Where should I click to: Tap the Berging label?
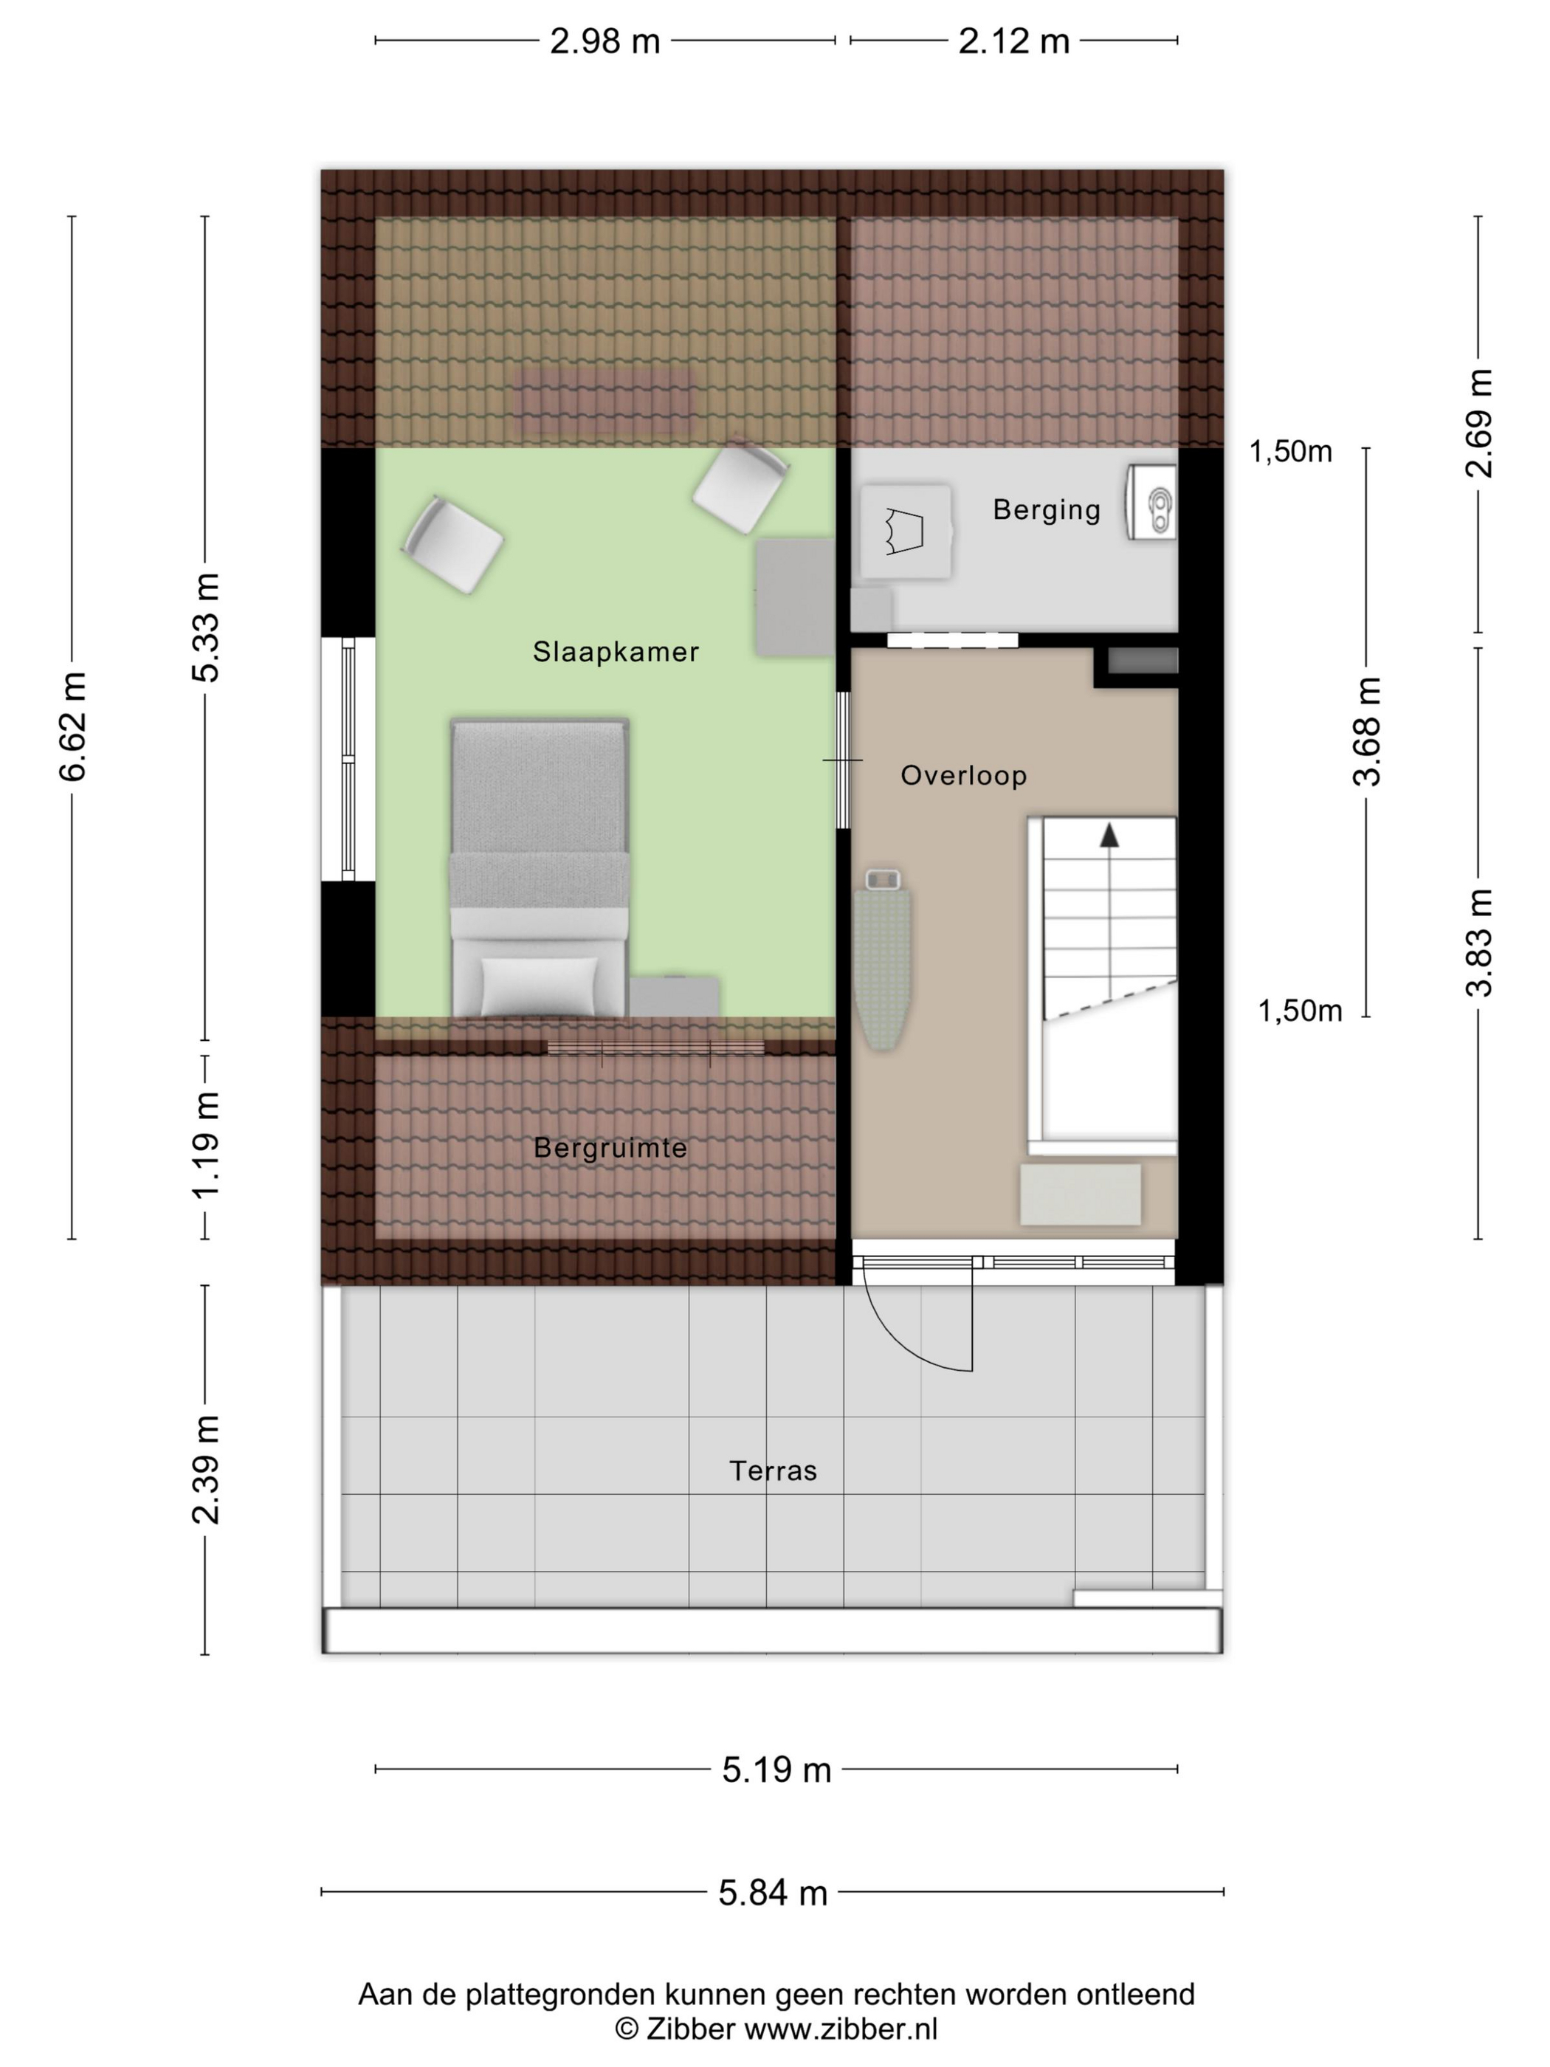click(x=1047, y=509)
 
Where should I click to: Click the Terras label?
click(x=773, y=1471)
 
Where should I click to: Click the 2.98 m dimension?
click(x=604, y=41)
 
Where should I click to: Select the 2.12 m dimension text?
click(x=1013, y=41)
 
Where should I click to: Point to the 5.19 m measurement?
click(x=776, y=1769)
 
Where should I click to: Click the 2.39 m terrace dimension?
click(x=205, y=1470)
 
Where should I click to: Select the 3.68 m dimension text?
click(x=1367, y=732)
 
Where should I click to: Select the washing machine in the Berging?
click(x=906, y=532)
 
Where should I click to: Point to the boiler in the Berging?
click(x=1151, y=503)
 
